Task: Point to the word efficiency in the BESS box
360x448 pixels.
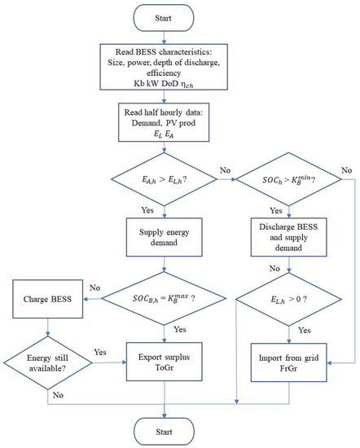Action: click(x=164, y=72)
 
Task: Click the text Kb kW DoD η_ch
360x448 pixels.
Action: click(x=164, y=84)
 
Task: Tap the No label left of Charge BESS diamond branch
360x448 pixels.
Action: click(x=94, y=288)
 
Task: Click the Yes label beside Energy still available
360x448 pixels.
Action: click(x=100, y=352)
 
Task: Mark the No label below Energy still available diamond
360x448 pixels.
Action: click(x=58, y=395)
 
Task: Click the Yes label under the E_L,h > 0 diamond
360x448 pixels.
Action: click(x=305, y=330)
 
